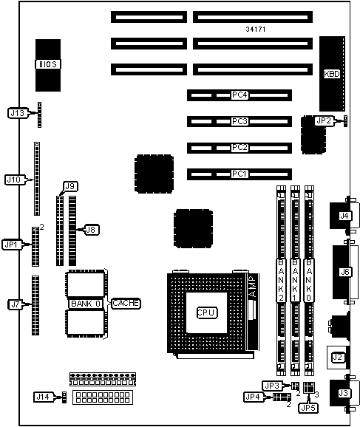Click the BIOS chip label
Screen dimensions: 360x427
(x=48, y=64)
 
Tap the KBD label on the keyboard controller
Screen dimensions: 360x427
(x=332, y=74)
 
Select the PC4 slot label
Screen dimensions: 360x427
(x=240, y=95)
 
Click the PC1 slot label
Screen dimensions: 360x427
(x=240, y=174)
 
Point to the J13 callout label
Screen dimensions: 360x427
(x=18, y=113)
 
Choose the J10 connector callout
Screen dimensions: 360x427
(x=14, y=180)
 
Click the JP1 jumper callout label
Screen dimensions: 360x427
(x=11, y=245)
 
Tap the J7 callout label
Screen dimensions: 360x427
(x=15, y=304)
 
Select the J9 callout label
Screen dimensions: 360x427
(x=70, y=187)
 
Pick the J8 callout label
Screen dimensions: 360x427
(x=91, y=230)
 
